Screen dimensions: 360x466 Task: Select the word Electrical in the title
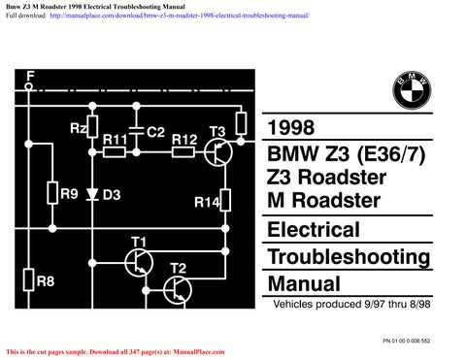click(313, 231)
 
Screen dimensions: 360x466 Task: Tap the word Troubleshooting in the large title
click(348, 258)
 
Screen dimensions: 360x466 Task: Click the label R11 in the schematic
click(116, 140)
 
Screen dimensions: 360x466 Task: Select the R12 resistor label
click(184, 140)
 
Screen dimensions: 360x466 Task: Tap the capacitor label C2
click(155, 131)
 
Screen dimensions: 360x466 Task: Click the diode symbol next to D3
click(93, 194)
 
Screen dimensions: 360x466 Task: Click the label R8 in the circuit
click(45, 281)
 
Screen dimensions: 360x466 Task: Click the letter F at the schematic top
click(30, 75)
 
